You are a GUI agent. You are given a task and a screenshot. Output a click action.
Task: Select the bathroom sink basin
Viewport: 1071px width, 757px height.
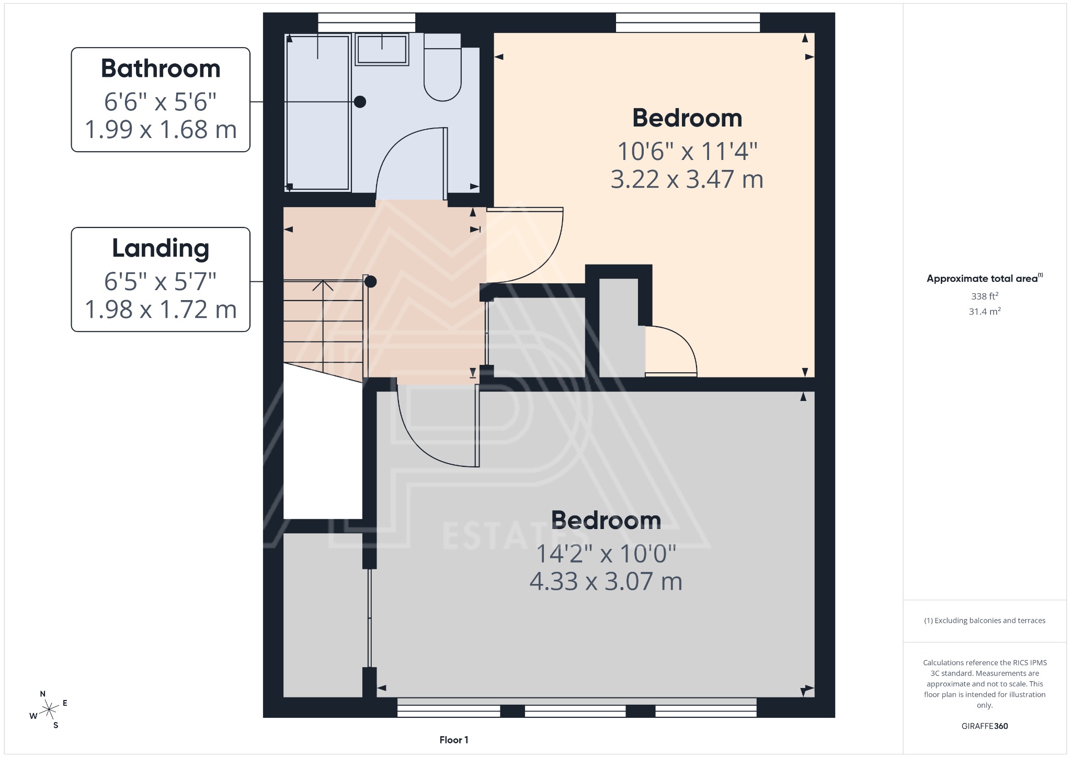pos(382,49)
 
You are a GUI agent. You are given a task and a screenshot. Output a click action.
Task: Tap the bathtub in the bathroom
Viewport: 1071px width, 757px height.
pos(317,112)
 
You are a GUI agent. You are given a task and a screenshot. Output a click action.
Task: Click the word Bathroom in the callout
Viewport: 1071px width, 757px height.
pos(161,68)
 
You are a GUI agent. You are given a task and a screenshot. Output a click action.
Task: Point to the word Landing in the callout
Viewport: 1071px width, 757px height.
pos(161,248)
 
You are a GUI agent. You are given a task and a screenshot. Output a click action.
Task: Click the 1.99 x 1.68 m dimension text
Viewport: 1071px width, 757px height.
pos(161,130)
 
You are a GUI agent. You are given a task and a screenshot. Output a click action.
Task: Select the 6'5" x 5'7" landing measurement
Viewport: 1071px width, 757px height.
pos(161,282)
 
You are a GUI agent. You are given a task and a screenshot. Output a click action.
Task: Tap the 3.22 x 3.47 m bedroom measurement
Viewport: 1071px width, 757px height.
pos(687,179)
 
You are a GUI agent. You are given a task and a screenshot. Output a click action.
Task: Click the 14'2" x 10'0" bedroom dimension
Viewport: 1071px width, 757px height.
pos(606,554)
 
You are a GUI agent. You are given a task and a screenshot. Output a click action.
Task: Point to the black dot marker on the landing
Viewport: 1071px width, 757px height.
pos(370,282)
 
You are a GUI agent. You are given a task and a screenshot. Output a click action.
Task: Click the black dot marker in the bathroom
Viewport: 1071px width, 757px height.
pos(360,102)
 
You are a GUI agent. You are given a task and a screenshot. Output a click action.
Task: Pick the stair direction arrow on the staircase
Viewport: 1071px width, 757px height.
pos(323,286)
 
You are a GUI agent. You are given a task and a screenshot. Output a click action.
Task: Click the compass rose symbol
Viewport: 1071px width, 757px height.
pos(49,709)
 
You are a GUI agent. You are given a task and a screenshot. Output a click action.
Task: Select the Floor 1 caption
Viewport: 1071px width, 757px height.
pos(453,740)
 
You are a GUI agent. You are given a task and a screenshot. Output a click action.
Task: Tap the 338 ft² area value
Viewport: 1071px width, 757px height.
pos(984,296)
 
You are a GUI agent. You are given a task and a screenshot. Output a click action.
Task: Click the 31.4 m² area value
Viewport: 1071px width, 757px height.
pos(984,312)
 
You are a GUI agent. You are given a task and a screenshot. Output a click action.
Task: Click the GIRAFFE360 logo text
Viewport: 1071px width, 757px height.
pos(984,726)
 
